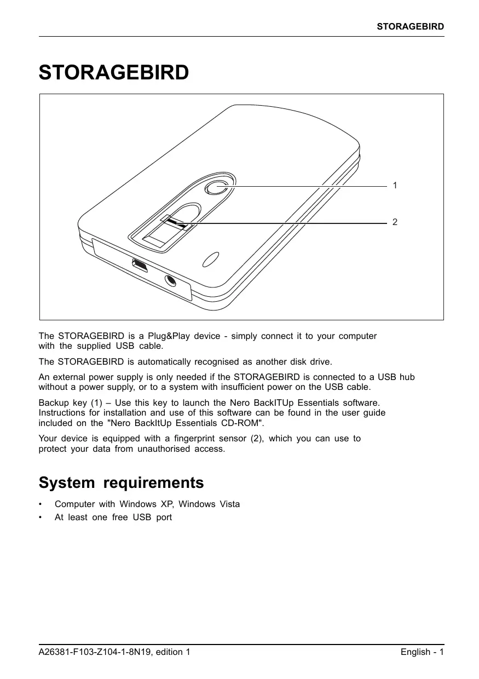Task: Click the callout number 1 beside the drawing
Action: [x=395, y=186]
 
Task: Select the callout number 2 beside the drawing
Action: [x=395, y=222]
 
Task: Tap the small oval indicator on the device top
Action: [x=211, y=259]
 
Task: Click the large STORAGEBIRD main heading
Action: [x=114, y=73]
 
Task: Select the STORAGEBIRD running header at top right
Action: [x=410, y=26]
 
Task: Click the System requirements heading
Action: [x=121, y=483]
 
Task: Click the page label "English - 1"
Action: [x=422, y=652]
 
